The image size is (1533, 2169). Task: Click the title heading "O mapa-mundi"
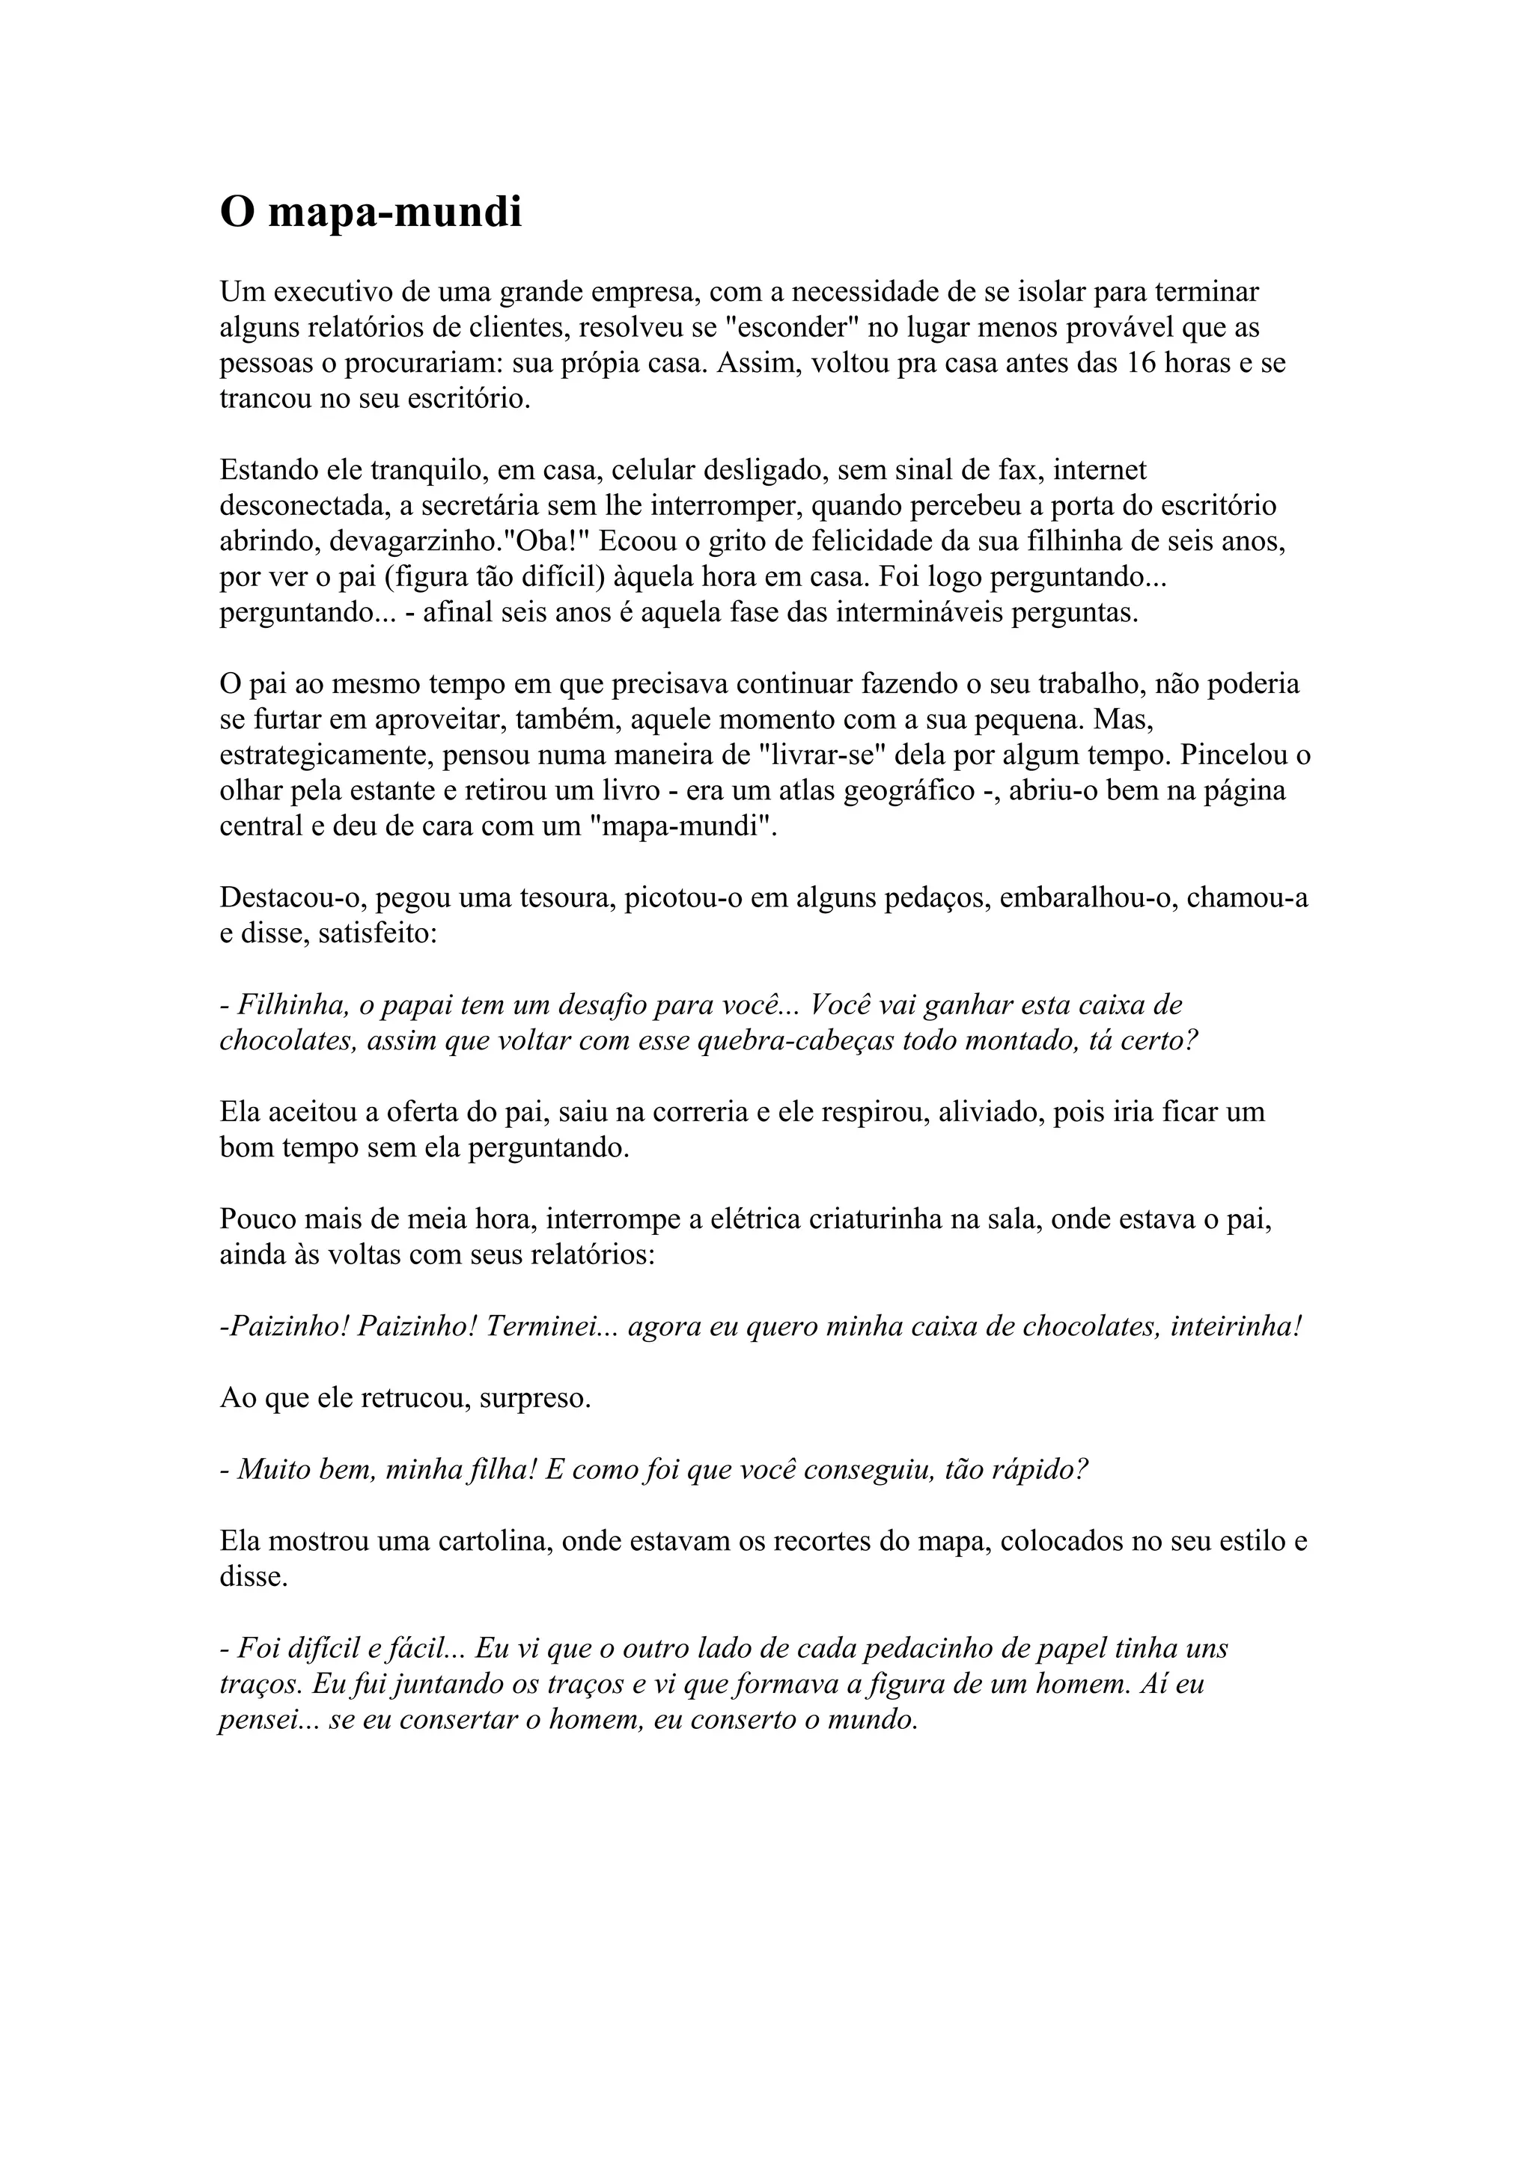[371, 213]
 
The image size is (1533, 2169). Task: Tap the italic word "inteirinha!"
[1236, 1326]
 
